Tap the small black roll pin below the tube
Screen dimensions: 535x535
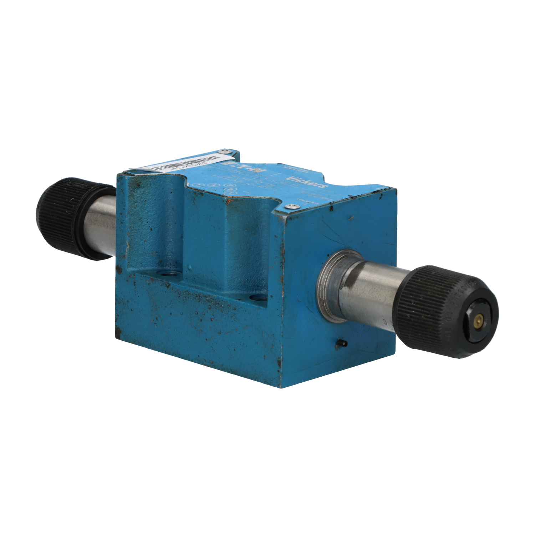(341, 343)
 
